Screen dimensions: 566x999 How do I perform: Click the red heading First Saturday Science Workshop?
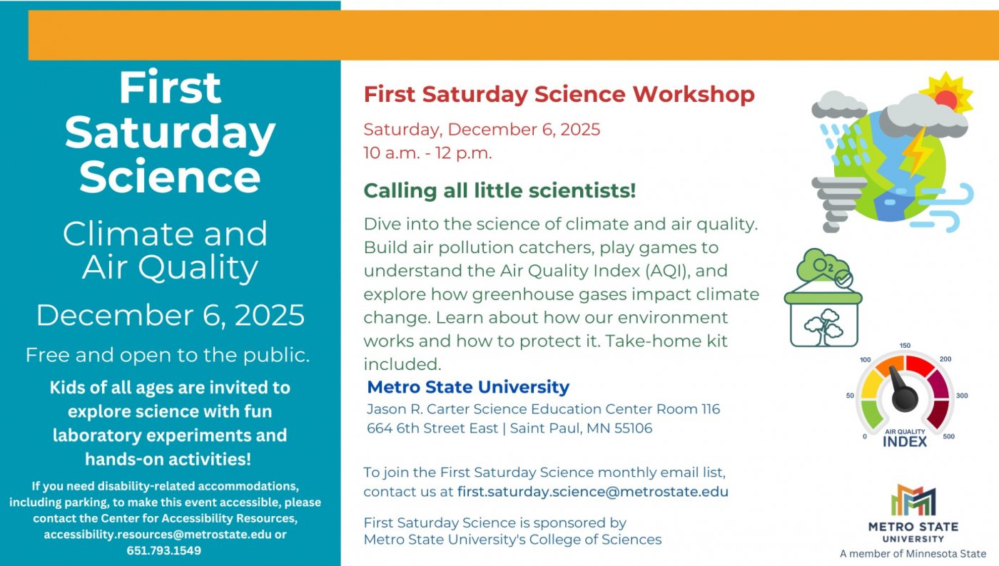click(x=559, y=94)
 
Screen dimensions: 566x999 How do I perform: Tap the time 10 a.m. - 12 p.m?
click(x=427, y=153)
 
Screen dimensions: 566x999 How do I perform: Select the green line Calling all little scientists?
click(x=499, y=191)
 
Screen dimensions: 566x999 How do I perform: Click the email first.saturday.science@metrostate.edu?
click(x=593, y=492)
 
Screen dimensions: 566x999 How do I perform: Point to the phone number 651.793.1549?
click(x=164, y=550)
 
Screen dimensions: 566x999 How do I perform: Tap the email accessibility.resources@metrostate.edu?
click(x=158, y=535)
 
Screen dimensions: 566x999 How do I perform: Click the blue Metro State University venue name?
click(x=468, y=387)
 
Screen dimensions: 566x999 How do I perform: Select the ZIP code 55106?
click(x=633, y=428)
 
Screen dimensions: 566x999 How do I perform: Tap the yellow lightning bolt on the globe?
click(x=913, y=151)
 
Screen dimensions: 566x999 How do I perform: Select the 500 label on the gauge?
click(x=948, y=437)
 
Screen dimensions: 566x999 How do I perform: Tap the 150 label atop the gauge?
click(x=905, y=346)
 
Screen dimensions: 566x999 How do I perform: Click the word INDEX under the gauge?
click(x=905, y=442)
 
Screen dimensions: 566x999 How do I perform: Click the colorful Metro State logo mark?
click(x=913, y=500)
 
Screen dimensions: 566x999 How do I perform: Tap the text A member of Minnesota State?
click(x=913, y=554)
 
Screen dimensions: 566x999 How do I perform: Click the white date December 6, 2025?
click(x=171, y=315)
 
